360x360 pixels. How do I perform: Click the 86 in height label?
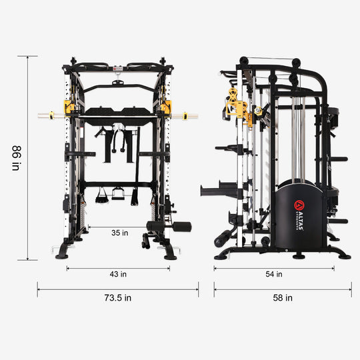click(15, 157)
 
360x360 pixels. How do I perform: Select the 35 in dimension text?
click(119, 233)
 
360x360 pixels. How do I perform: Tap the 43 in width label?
click(119, 274)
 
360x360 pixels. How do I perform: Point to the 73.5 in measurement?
click(118, 297)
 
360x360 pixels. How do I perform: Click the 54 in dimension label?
click(274, 274)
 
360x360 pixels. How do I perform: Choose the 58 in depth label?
click(283, 297)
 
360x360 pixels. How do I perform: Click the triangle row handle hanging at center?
click(119, 193)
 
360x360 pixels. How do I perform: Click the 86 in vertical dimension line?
click(28, 157)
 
